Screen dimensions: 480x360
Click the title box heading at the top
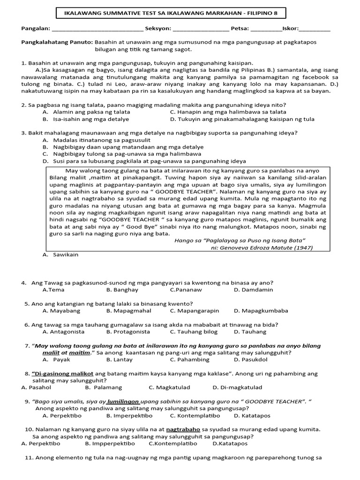click(x=171, y=13)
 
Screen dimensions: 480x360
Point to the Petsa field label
click(x=241, y=29)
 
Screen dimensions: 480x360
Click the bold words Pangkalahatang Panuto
click(x=57, y=42)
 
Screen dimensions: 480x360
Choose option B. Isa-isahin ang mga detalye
click(x=83, y=119)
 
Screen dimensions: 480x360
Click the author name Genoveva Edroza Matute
click(x=262, y=247)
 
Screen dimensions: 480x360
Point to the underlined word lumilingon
click(x=123, y=401)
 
